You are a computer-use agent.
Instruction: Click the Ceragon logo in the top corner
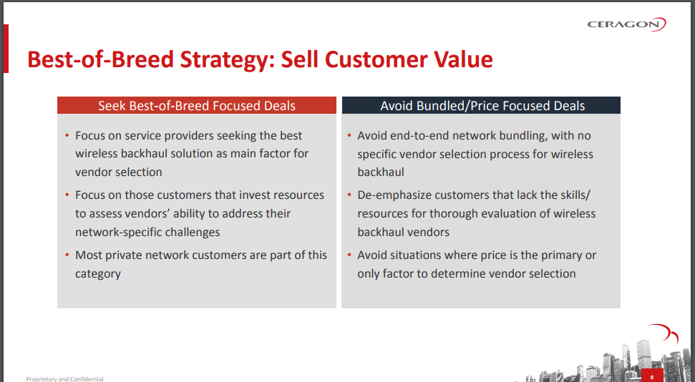tap(626, 24)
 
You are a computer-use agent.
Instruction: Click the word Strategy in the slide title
tap(227, 60)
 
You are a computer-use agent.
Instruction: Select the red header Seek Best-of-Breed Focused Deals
tap(197, 105)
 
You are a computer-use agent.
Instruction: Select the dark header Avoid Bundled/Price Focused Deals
tap(481, 105)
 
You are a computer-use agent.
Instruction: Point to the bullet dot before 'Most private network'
tap(67, 255)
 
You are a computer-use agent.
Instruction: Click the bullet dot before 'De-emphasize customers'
tap(349, 195)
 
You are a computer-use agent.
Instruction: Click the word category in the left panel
tap(98, 274)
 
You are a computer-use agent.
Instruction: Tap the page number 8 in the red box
tap(652, 378)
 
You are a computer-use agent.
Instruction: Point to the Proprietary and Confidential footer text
tap(64, 379)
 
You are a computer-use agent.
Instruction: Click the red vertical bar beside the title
tap(6, 49)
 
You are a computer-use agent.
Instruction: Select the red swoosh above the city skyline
tap(664, 333)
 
